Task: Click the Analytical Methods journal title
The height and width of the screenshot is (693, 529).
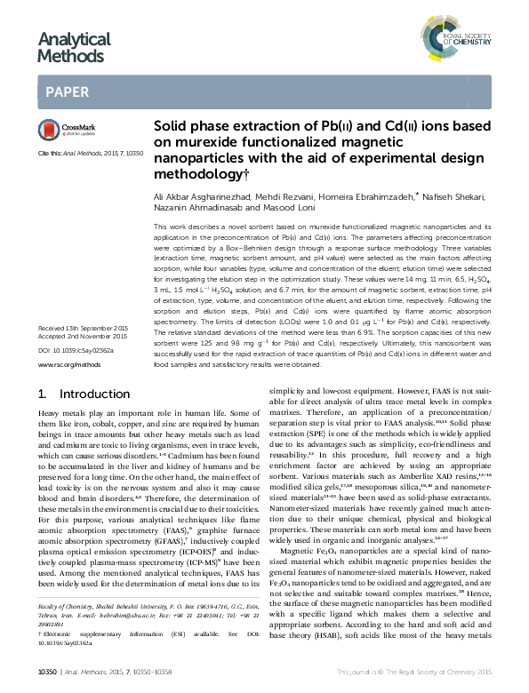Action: coord(74,47)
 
